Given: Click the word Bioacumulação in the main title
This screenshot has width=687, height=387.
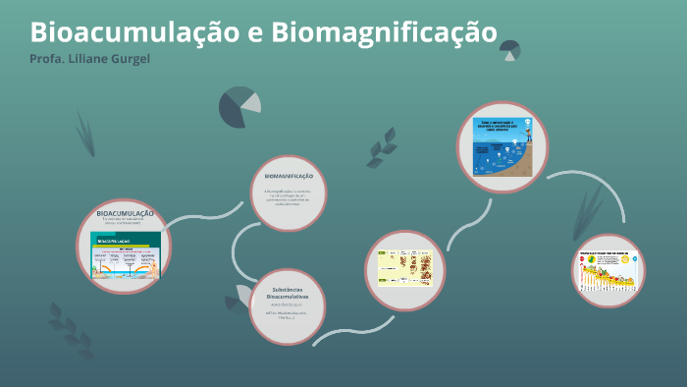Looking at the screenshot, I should click(129, 32).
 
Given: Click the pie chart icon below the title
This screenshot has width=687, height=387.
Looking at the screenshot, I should click(238, 107).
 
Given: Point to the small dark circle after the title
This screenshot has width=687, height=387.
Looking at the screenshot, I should click(509, 50).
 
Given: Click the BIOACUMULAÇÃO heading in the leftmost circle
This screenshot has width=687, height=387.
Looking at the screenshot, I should click(125, 213).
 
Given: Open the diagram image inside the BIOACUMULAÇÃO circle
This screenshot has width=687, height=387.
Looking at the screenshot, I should click(125, 256).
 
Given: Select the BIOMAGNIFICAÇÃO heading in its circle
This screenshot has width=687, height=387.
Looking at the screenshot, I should click(289, 176).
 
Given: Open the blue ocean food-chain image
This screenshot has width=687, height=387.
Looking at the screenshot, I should click(501, 147).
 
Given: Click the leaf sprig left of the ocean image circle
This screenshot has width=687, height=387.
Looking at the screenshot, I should click(381, 147).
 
